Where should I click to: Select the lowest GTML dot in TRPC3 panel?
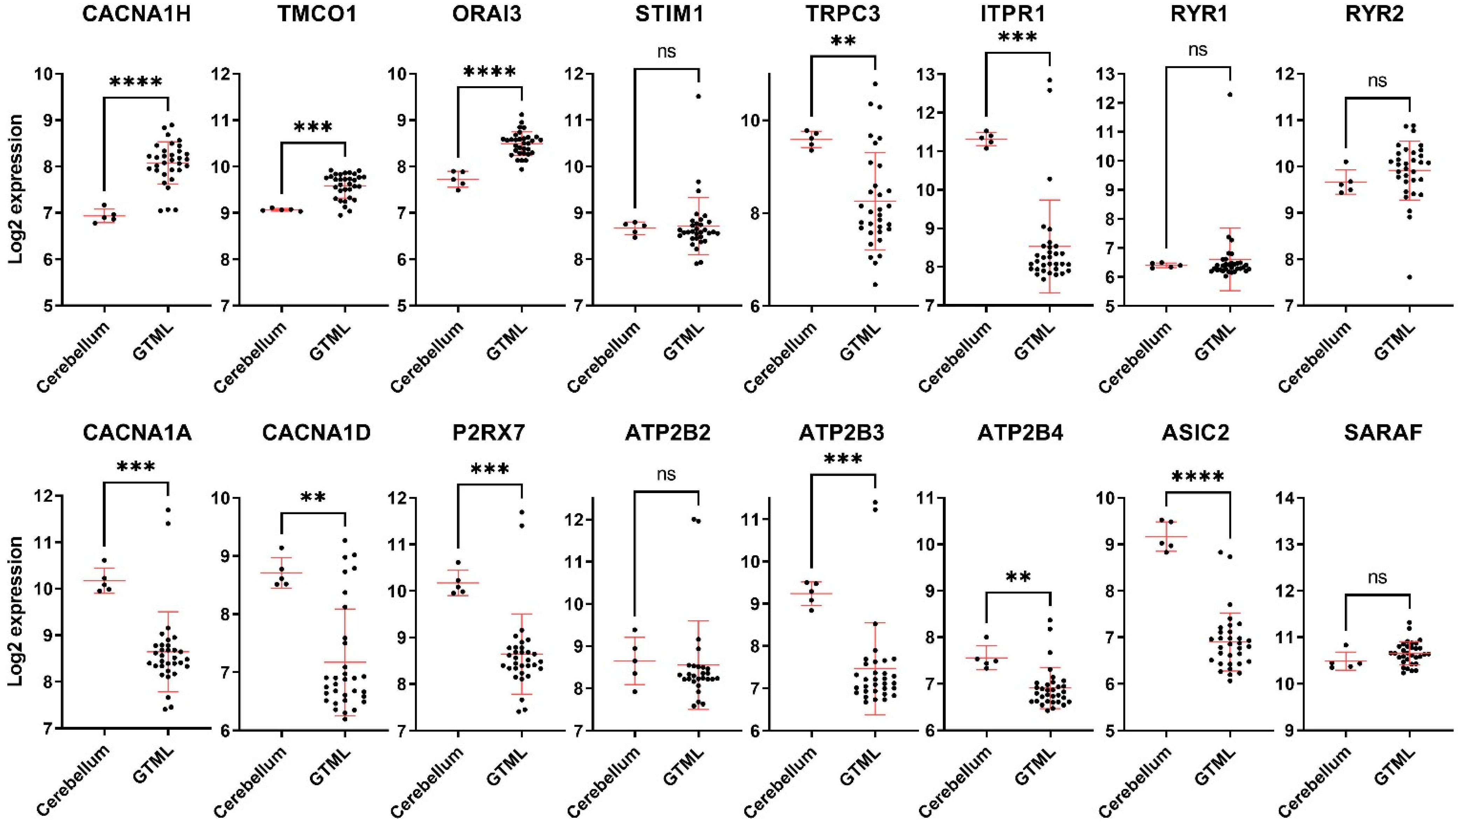875,284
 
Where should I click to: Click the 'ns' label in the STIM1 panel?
666,52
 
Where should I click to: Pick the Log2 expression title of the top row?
16,189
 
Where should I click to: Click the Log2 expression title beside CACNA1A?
16,612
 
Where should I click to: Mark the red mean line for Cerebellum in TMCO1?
281,210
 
